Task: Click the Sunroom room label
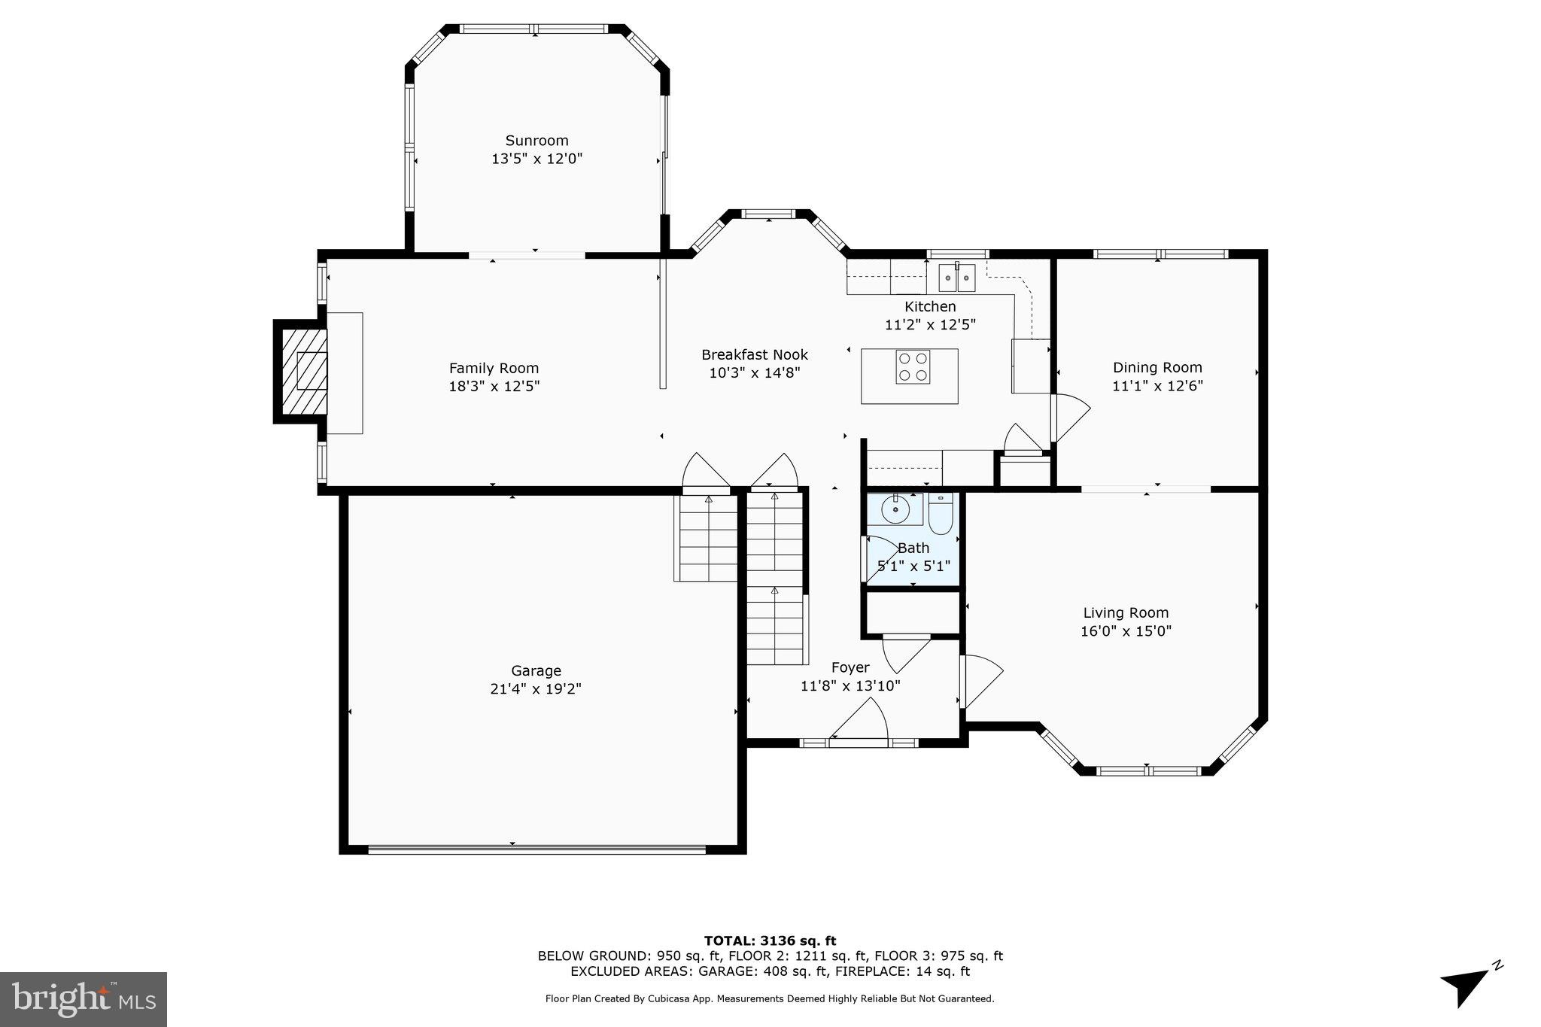tap(536, 141)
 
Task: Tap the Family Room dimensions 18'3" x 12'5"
tap(494, 387)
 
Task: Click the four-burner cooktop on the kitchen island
tap(912, 367)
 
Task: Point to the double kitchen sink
tap(956, 278)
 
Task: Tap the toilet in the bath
tap(941, 514)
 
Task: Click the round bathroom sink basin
tap(895, 510)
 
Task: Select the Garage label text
tap(536, 670)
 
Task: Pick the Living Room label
tap(1126, 613)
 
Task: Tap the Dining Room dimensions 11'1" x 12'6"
tap(1157, 386)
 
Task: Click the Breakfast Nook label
tap(754, 354)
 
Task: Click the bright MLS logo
tap(83, 999)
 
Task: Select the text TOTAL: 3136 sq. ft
tap(770, 940)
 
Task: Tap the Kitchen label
tap(930, 306)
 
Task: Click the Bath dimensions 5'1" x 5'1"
tap(913, 566)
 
